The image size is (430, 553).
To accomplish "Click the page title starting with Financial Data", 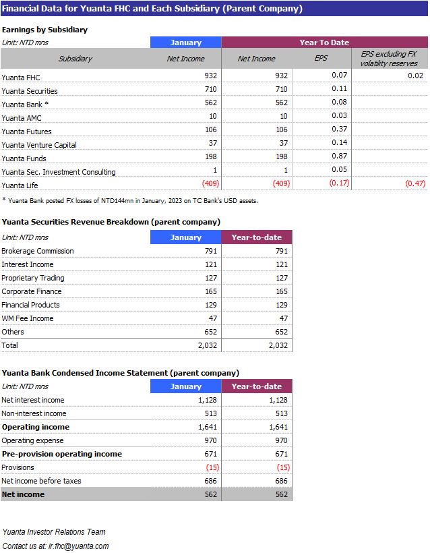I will (x=152, y=9).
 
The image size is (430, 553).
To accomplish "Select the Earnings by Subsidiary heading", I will (x=44, y=30).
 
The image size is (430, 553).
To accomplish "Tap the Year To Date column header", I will (x=324, y=42).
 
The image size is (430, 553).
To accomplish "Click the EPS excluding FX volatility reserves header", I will (x=389, y=59).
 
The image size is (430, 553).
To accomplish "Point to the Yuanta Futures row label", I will (x=26, y=132).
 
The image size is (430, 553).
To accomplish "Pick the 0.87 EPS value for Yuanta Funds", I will (x=339, y=156).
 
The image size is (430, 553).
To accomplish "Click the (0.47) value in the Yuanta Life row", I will (x=414, y=183).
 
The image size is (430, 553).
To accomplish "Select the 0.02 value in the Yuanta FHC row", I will (x=415, y=76).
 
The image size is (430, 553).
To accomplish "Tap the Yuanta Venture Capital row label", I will (x=39, y=145).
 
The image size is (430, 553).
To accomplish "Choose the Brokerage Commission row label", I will (x=38, y=251).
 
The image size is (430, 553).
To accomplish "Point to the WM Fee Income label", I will (x=28, y=318).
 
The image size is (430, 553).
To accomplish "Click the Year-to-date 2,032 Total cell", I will (x=278, y=345).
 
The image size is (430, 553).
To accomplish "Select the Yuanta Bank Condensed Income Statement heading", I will (x=120, y=373).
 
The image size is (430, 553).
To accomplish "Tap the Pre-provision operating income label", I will (x=62, y=454).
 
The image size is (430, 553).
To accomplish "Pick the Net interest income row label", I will (x=33, y=400).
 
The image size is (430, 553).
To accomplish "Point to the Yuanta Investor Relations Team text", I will (x=54, y=532).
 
